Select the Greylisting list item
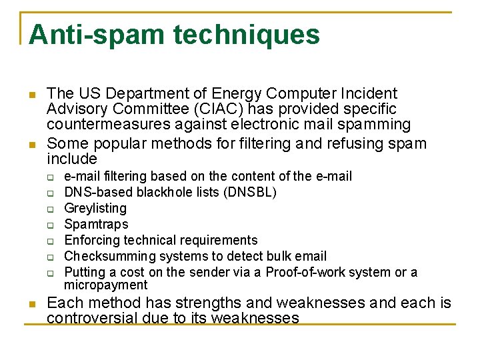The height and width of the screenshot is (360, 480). pos(95,208)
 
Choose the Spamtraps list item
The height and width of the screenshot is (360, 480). pos(95,224)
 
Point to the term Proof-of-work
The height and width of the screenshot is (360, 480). pos(305,272)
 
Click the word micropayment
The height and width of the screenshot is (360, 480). pos(105,285)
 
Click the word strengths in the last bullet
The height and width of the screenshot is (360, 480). pos(209,303)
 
